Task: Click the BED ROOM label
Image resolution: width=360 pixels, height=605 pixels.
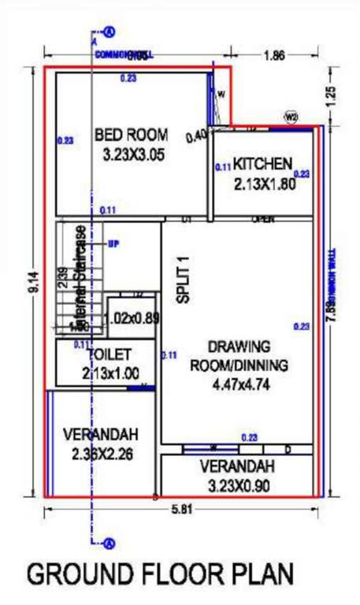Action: coord(131,135)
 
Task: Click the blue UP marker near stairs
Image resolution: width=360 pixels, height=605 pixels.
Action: coord(113,243)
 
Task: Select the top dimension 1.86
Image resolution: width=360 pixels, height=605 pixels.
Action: coord(274,56)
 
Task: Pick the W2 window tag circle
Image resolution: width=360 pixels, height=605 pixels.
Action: coord(291,117)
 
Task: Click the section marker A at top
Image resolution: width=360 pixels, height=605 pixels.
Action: coord(109,32)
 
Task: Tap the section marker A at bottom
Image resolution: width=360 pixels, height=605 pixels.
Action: coord(109,542)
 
